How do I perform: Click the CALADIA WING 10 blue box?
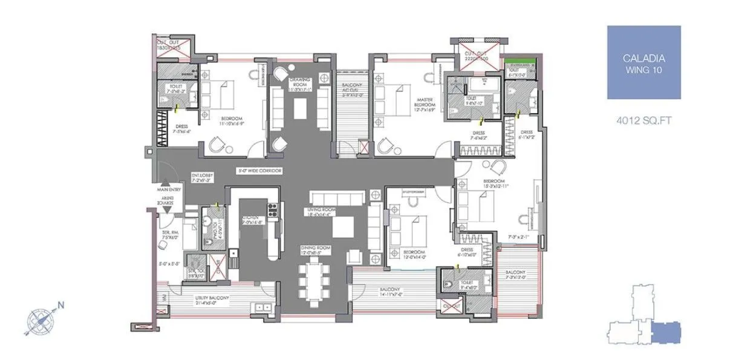pos(644,62)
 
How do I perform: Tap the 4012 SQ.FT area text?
pos(644,121)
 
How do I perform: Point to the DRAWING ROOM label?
pos(299,83)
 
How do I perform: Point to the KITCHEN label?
pos(250,220)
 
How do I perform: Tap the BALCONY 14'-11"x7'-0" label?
pos(390,292)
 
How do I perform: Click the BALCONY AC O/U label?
pos(348,91)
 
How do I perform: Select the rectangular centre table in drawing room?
pos(300,108)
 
